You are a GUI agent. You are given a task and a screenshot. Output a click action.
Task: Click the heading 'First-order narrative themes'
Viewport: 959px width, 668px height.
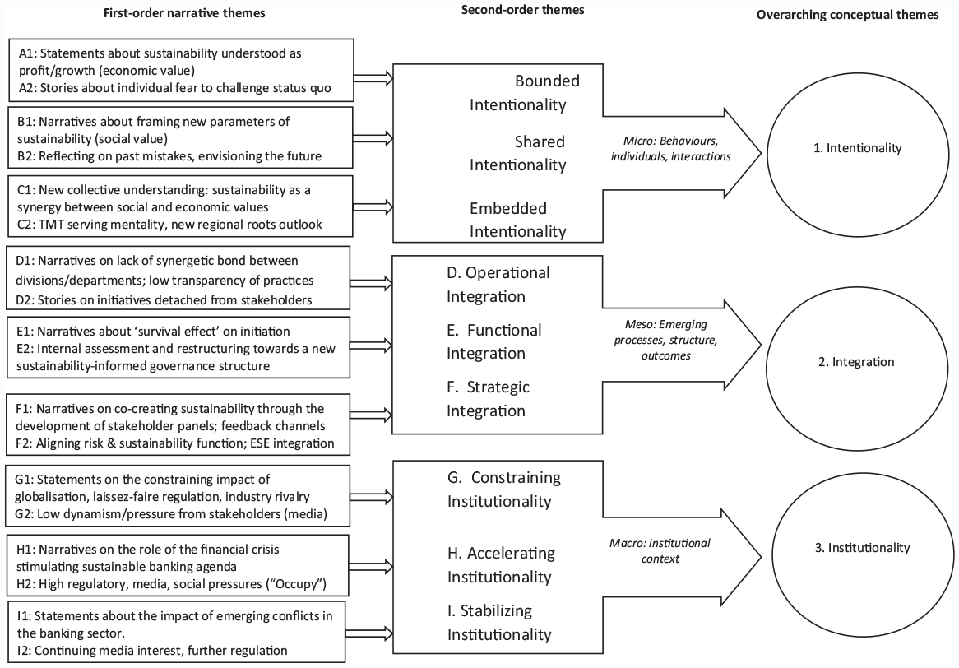(x=184, y=13)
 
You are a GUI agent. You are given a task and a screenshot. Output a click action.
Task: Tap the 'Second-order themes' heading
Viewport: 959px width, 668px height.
(x=522, y=9)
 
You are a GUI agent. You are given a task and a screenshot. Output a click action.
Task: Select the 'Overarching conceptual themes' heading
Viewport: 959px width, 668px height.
(x=847, y=15)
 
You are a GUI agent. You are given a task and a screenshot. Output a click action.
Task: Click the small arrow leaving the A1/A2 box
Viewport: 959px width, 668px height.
(x=373, y=77)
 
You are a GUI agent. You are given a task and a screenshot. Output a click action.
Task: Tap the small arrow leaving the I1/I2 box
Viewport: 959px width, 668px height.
(x=368, y=633)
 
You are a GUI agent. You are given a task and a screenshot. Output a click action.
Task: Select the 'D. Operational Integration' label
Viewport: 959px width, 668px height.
(x=498, y=285)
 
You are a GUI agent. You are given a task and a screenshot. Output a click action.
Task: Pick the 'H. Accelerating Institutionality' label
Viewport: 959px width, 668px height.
(x=501, y=564)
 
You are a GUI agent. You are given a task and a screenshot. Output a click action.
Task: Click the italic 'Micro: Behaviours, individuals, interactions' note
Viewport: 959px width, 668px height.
(x=670, y=149)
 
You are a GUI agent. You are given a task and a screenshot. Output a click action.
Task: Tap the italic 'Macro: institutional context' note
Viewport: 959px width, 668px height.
(x=660, y=550)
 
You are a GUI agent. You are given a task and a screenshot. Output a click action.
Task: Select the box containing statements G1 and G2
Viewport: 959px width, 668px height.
(x=178, y=495)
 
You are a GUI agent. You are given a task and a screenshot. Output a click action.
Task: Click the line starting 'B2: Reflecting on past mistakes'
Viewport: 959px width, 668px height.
(x=169, y=156)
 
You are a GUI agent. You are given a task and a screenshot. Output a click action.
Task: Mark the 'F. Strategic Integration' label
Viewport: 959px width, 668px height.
(x=488, y=399)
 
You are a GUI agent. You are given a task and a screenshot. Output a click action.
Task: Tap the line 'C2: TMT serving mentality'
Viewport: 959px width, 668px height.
(x=169, y=224)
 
